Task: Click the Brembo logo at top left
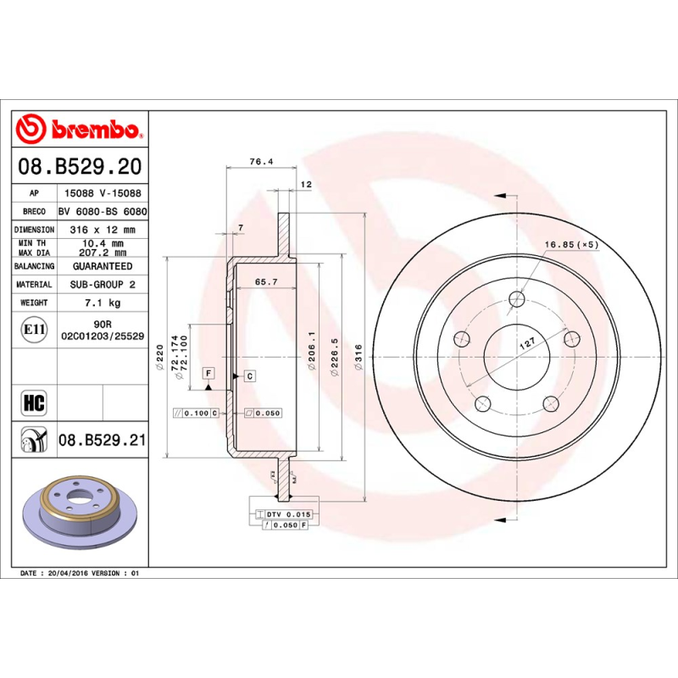(78, 130)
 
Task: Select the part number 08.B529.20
(78, 167)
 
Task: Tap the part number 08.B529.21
(103, 439)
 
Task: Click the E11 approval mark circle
(34, 329)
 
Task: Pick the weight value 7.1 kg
(101, 303)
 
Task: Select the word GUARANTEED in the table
(102, 266)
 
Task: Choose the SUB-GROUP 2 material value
(102, 285)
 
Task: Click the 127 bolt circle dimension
(526, 343)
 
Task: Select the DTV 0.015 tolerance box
(289, 514)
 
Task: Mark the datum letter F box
(208, 374)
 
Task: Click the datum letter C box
(250, 375)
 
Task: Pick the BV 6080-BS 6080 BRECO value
(102, 211)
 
